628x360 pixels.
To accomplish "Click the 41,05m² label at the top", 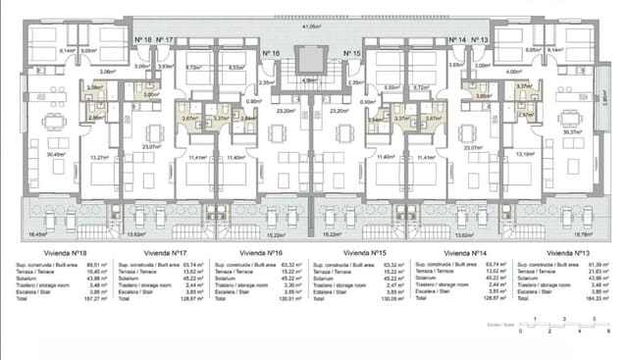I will pyautogui.click(x=312, y=26).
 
